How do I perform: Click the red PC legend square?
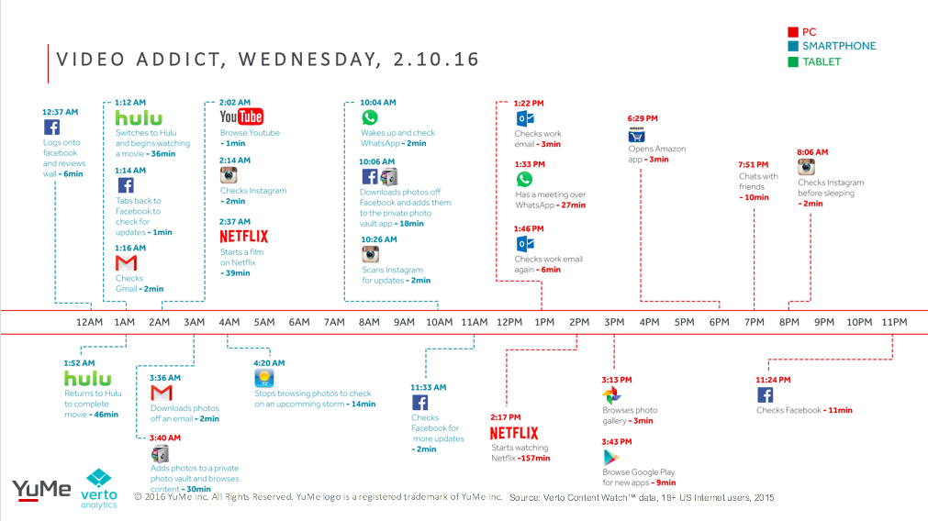coord(793,32)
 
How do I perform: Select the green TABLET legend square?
coord(793,61)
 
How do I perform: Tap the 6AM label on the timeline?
coord(299,322)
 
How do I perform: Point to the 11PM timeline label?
coord(894,322)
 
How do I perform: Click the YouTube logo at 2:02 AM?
coord(241,116)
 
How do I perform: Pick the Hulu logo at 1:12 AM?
coord(139,117)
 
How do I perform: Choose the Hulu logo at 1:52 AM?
coord(87,379)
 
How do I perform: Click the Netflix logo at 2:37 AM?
coord(244,237)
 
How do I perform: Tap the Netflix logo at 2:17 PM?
coord(514,433)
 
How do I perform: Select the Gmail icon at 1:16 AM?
coord(126,262)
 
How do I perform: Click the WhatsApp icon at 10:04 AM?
coord(370,117)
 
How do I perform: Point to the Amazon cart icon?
coord(636,136)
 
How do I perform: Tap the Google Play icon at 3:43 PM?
coord(610,457)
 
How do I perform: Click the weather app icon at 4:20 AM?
coord(264,378)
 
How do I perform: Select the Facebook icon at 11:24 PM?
coord(765,394)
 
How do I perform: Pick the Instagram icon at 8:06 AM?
coord(806,167)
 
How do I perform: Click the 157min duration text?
coord(534,459)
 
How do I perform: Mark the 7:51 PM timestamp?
coord(753,165)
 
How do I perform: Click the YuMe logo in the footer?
coord(41,490)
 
